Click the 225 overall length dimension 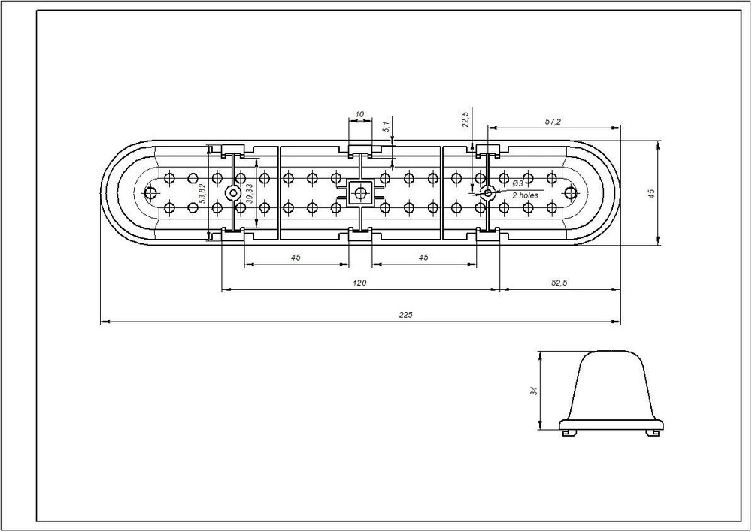tap(405, 315)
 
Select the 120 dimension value tap(359, 283)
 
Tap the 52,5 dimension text tap(559, 283)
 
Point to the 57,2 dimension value tap(553, 122)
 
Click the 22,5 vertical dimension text tap(465, 119)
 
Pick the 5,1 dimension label tap(386, 127)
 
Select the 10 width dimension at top tap(359, 114)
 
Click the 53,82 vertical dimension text tap(202, 193)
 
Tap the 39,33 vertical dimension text tap(249, 194)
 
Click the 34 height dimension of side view tap(534, 391)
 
